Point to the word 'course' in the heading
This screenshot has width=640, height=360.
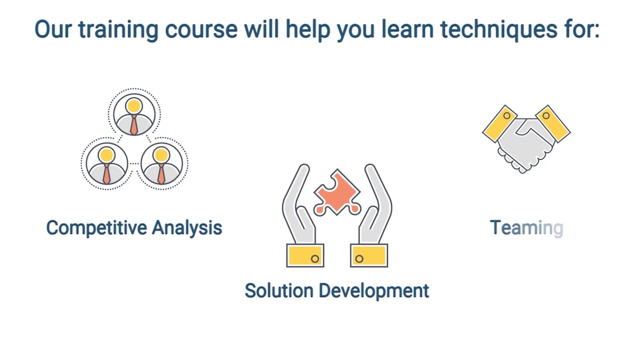[x=201, y=30]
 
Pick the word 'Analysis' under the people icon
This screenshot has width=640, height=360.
[x=187, y=228]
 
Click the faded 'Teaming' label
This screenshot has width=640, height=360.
[x=526, y=228]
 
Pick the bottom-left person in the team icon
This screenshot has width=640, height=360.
[x=106, y=163]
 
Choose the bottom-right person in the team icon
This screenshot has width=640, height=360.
[x=161, y=163]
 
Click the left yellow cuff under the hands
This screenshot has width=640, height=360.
[x=305, y=255]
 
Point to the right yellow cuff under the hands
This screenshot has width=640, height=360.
[x=369, y=255]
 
